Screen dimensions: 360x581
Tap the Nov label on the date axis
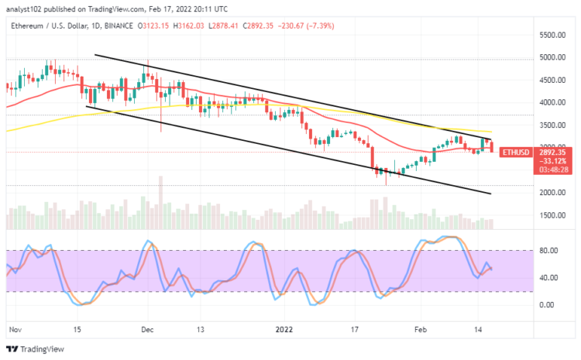click(12, 328)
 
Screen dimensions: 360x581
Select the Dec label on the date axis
click(147, 328)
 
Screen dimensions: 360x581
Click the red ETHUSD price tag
click(514, 153)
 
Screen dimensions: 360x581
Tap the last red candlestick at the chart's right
click(491, 146)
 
